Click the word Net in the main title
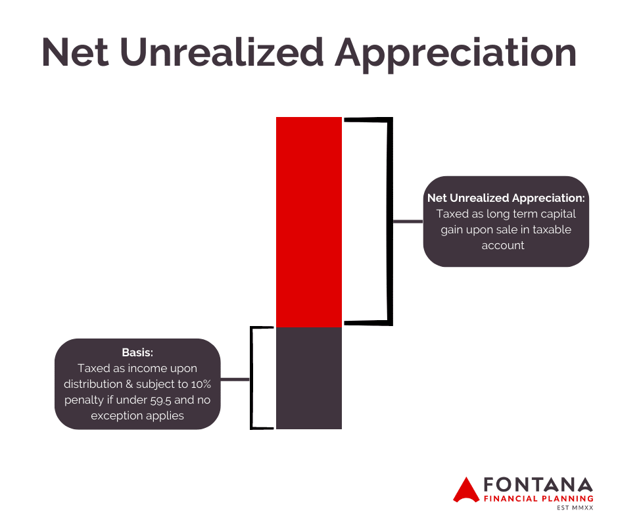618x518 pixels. point(75,52)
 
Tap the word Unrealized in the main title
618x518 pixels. point(222,52)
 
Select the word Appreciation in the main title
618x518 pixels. point(456,55)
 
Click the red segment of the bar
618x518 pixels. point(309,222)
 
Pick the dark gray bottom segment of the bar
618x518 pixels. point(309,378)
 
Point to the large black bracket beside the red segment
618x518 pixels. point(390,221)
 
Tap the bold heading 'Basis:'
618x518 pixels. point(137,352)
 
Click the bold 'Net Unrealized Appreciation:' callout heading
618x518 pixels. point(506,198)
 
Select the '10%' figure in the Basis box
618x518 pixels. point(201,384)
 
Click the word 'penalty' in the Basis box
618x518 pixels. point(84,401)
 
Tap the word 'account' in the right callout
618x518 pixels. point(503,246)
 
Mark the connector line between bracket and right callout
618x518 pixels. point(408,222)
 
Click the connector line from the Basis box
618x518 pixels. point(235,380)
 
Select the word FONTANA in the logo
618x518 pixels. point(538,484)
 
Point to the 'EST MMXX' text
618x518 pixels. point(575,507)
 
